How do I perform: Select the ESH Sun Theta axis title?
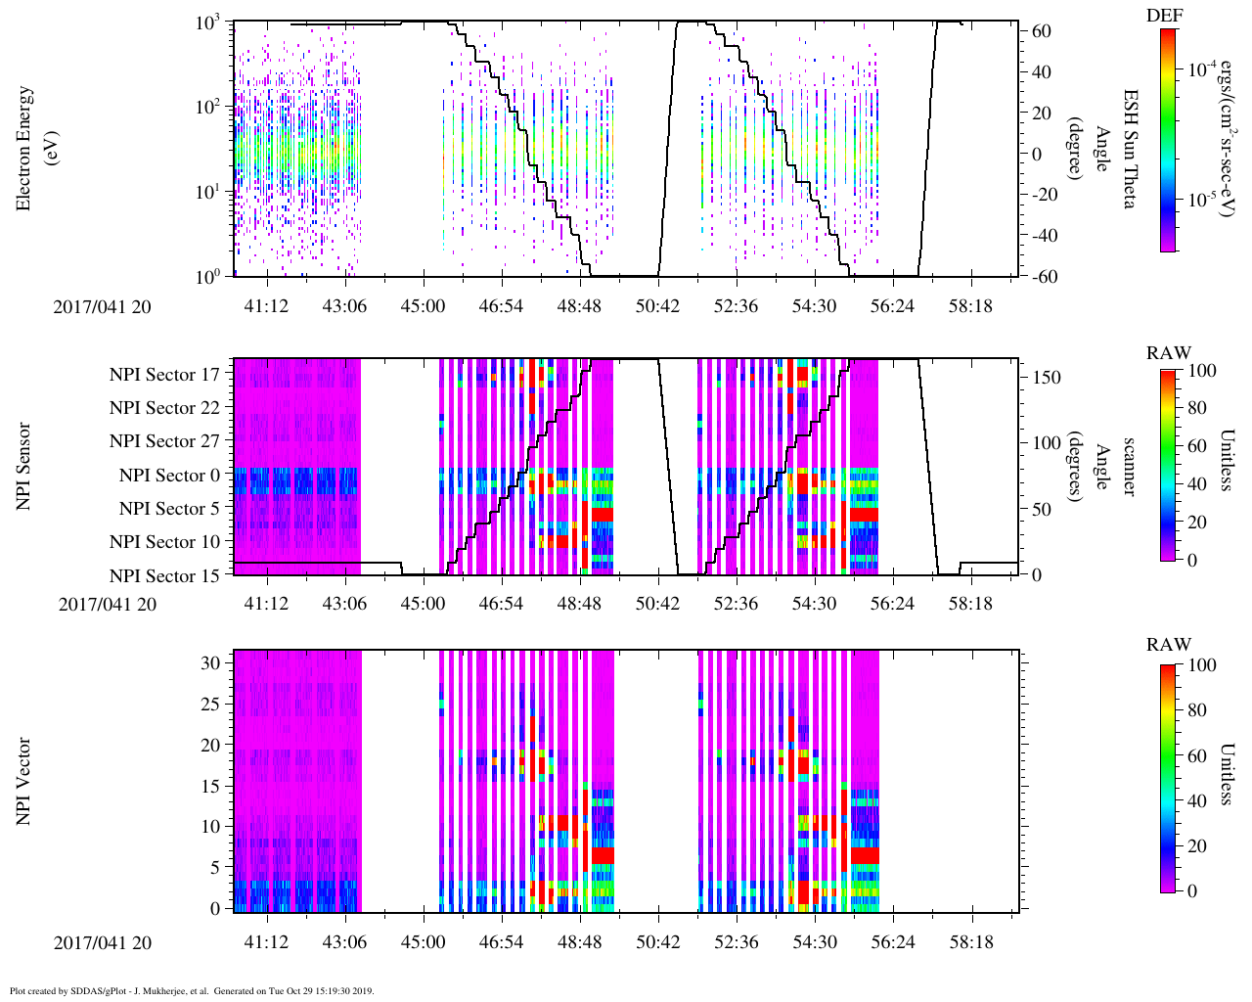point(1130,149)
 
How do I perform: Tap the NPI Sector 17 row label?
point(164,374)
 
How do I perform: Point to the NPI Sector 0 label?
point(169,476)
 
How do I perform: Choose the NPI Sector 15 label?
point(164,576)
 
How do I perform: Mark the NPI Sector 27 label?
point(164,441)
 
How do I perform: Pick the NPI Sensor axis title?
point(24,467)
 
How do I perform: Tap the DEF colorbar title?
point(1163,15)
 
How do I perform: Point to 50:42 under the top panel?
point(657,306)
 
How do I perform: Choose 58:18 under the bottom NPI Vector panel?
point(970,942)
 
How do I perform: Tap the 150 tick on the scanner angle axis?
point(1047,377)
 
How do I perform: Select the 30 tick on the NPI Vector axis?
point(212,662)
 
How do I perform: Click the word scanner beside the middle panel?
point(1129,467)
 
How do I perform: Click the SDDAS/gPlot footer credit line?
point(192,991)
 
